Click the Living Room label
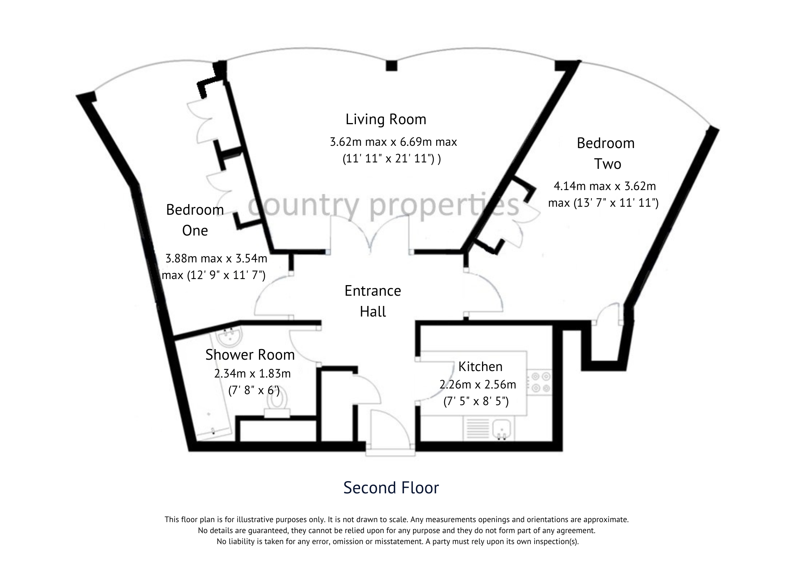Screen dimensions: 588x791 click(x=386, y=120)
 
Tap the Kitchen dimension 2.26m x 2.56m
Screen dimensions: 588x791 click(x=477, y=385)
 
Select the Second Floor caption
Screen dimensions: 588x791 click(x=391, y=488)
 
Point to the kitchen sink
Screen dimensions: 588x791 click(x=503, y=429)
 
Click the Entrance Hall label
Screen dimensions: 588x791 click(x=373, y=301)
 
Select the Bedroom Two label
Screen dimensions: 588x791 click(x=606, y=154)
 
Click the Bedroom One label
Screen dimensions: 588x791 click(x=195, y=220)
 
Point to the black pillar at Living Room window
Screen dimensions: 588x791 click(x=391, y=66)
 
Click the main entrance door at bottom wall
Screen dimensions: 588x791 click(x=390, y=432)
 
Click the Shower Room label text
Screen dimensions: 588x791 click(x=250, y=355)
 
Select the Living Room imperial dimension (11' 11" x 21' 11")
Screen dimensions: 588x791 click(x=391, y=159)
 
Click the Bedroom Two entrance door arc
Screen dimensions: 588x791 click(x=488, y=292)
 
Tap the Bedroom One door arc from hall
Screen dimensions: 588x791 click(x=269, y=295)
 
